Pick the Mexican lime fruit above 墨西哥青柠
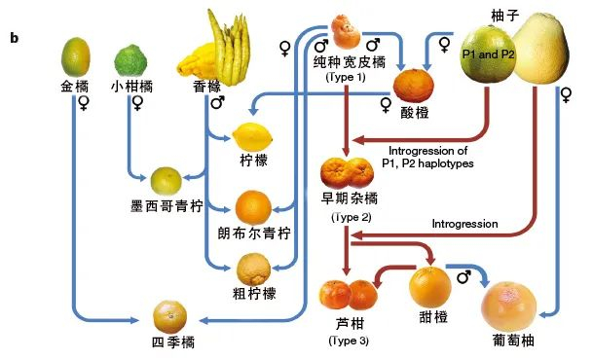tap(166, 180)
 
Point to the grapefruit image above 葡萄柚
tap(511, 306)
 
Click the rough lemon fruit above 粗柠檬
tap(255, 267)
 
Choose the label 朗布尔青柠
tap(254, 233)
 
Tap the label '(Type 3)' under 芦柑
tap(349, 340)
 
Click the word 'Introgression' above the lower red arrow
tap(464, 224)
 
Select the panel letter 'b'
tap(15, 38)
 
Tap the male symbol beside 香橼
tap(218, 102)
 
